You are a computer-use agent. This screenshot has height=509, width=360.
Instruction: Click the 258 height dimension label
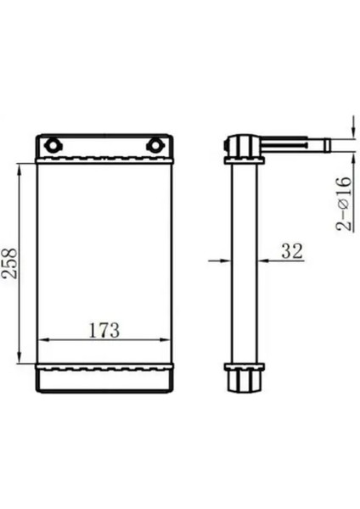tap(8, 263)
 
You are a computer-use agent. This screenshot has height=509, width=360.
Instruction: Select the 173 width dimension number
tap(104, 330)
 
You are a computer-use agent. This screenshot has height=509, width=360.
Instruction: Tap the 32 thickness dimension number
tap(292, 251)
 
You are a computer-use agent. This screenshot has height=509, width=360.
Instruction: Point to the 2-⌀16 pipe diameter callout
tap(344, 204)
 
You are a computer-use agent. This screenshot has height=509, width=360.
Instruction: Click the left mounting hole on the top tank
tap(52, 145)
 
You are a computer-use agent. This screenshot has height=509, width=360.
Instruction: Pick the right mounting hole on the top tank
tap(155, 145)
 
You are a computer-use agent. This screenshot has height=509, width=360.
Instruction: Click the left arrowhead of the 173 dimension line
tap(43, 340)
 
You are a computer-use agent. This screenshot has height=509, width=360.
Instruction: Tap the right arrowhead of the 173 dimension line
tap(165, 340)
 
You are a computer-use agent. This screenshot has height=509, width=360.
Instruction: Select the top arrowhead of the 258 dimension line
tap(20, 170)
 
